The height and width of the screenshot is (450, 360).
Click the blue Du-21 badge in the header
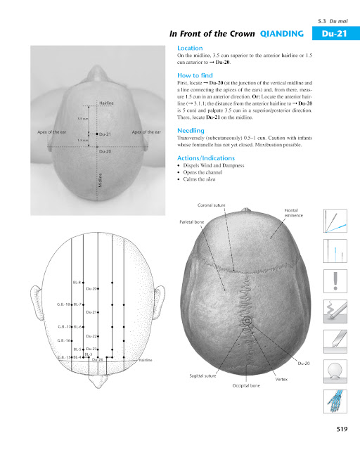pos(331,33)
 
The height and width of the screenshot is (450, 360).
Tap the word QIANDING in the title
pos(281,33)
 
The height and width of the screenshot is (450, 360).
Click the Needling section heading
pos(191,131)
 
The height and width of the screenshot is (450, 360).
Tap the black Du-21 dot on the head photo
pos(96,133)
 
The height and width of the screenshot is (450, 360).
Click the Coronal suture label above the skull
pos(212,205)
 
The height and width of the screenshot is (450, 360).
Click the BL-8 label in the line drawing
pos(77,281)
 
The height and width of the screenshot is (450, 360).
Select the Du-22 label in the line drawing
pos(91,337)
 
